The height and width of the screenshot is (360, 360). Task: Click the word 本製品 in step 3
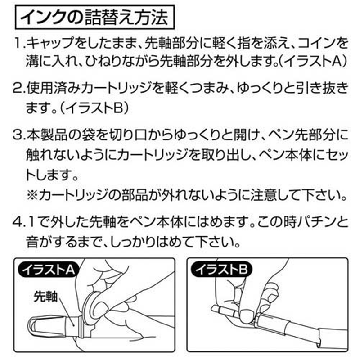pyautogui.click(x=47, y=136)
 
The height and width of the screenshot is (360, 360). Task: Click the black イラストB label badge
pyautogui.click(x=221, y=270)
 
